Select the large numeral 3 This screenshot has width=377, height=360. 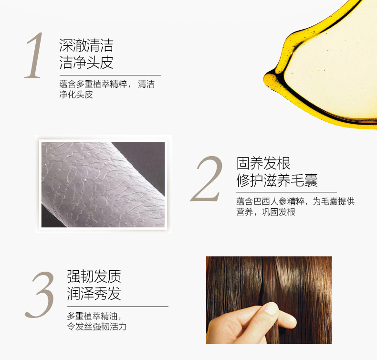coord(40,294)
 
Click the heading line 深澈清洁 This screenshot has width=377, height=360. coord(86,45)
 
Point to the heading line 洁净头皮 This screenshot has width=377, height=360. coord(86,63)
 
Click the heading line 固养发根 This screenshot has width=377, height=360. coord(263,163)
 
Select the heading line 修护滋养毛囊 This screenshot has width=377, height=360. coord(277,180)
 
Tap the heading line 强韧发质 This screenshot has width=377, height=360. coord(94,276)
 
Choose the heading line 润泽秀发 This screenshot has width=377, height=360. coord(94,293)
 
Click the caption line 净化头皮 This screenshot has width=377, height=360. coord(76,94)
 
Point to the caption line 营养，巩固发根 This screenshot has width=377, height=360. coord(266,212)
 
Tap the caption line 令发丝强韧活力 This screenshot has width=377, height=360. coord(97,326)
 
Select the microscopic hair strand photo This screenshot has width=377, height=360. coord(103,184)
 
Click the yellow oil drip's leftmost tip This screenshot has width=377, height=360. coord(264,79)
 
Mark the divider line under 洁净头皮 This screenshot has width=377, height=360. coord(110,75)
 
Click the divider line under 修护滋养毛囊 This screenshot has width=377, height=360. coord(286,192)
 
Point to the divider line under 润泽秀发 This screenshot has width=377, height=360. coord(117,307)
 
